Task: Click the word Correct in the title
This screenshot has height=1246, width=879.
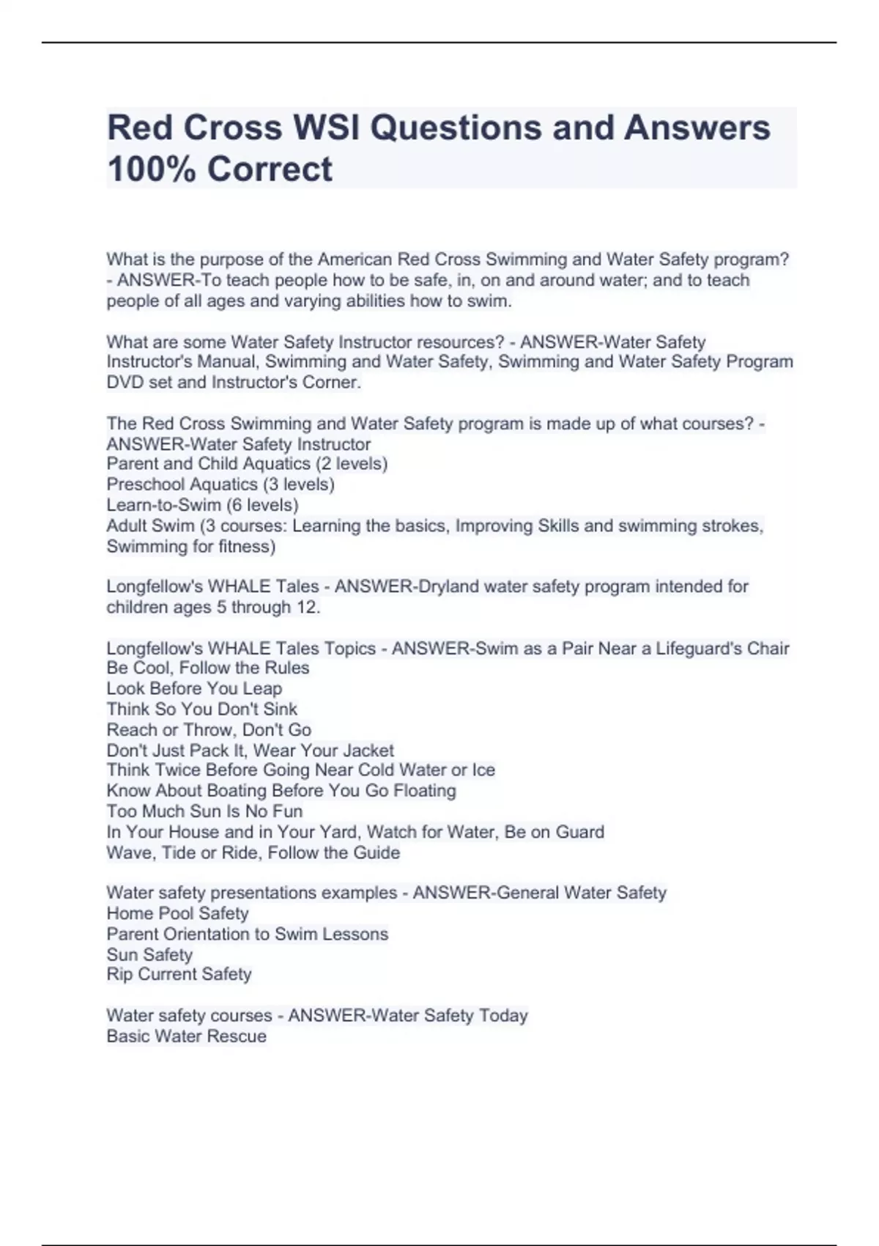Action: point(270,169)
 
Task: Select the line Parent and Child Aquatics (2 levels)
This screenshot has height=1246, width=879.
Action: point(247,464)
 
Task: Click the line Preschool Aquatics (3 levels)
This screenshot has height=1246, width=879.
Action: point(220,484)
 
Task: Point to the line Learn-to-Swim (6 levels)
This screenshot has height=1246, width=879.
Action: point(202,505)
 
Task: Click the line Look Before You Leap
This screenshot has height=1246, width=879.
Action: point(194,688)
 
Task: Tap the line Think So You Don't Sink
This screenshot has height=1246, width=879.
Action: point(201,709)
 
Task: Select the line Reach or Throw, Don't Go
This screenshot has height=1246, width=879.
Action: point(209,729)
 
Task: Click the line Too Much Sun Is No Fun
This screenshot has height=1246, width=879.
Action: point(204,811)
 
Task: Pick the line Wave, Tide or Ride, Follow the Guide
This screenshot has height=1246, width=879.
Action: point(253,852)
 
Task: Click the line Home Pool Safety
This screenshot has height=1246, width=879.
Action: point(177,913)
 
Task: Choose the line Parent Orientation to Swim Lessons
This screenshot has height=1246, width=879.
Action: point(247,934)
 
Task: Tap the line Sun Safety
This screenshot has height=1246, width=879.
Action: point(149,954)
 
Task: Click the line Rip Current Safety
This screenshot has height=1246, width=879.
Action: point(179,974)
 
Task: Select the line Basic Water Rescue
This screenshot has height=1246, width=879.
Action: point(186,1036)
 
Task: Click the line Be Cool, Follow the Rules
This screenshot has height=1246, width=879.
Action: point(207,668)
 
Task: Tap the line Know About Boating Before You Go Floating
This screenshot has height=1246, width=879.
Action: point(281,791)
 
